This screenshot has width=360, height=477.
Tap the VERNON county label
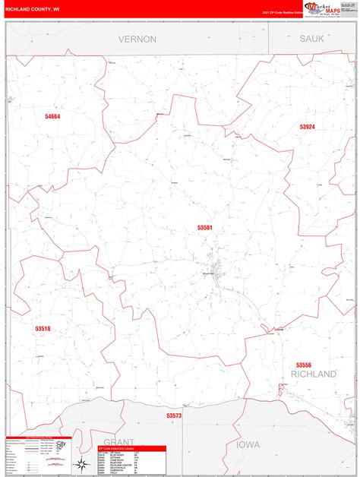[137, 39]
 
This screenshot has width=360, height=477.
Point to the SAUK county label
[311, 38]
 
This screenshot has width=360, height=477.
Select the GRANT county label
[118, 441]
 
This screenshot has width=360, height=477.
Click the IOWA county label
[248, 444]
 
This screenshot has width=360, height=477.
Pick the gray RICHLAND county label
[313, 374]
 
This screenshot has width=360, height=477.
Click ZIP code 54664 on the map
[52, 116]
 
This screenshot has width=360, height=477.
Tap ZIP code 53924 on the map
[307, 127]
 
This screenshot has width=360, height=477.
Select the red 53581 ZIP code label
[205, 227]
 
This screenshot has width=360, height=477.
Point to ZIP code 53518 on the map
[43, 328]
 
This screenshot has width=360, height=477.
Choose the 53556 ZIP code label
[304, 365]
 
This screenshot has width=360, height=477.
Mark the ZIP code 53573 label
[174, 415]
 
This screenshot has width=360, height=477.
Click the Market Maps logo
[323, 8]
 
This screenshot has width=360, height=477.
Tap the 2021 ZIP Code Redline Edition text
[282, 13]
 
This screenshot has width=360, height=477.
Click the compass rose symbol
[81, 464]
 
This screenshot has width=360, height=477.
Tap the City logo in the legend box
[63, 444]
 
